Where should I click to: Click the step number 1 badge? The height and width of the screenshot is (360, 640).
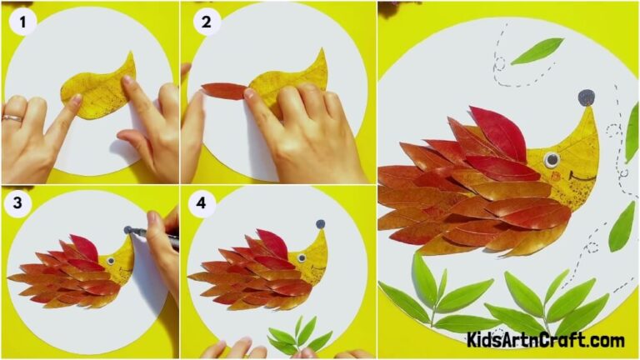tap(22, 23)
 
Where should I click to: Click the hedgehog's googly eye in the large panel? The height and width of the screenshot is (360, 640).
tap(551, 158)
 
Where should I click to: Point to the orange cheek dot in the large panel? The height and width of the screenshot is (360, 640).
tap(557, 176)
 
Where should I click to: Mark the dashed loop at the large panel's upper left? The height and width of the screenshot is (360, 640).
tap(498, 62)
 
